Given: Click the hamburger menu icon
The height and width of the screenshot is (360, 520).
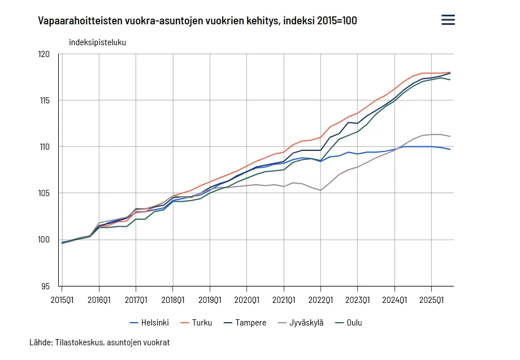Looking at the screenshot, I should [448, 20].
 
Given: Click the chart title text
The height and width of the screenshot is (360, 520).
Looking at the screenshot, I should [197, 21].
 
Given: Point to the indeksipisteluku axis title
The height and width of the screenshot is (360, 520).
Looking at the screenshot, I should [97, 42].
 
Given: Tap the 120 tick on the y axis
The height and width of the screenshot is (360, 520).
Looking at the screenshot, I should [44, 54].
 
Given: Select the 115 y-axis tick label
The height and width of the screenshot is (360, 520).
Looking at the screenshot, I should [44, 101].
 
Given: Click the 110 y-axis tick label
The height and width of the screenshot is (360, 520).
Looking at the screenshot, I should [44, 147].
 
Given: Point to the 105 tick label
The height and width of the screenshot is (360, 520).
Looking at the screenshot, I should [44, 193].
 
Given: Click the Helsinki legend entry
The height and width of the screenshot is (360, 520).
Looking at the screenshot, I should [149, 323].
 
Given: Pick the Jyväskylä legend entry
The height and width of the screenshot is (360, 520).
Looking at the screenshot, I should [300, 323].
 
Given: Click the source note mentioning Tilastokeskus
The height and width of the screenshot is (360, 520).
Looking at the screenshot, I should [99, 342].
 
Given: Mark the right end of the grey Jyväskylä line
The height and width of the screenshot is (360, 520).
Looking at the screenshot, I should [450, 136].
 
